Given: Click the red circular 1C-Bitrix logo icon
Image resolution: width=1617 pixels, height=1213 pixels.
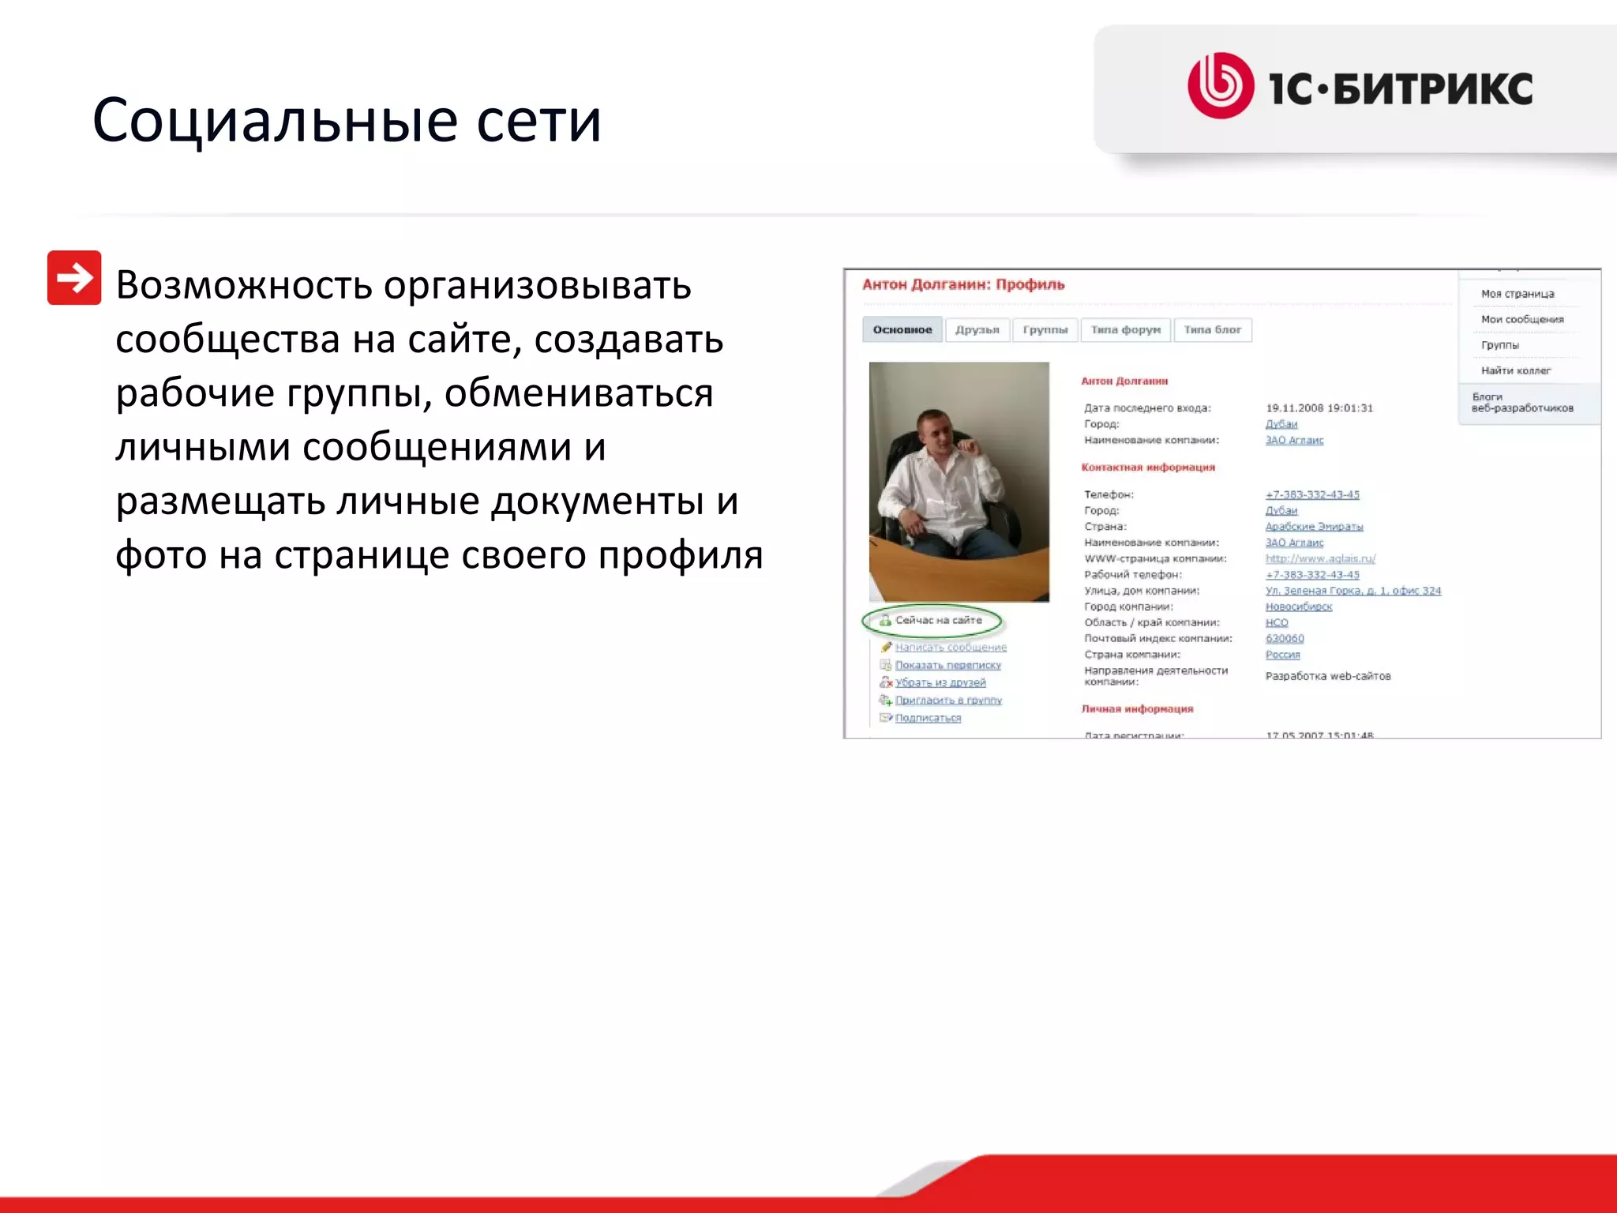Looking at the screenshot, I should (x=1221, y=86).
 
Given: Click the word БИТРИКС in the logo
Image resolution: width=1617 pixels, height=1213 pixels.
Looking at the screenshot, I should (x=1433, y=88).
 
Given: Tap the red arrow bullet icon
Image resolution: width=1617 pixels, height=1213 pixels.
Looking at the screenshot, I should (x=74, y=278).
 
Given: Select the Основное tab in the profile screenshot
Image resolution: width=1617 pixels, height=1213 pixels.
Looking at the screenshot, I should (x=902, y=330).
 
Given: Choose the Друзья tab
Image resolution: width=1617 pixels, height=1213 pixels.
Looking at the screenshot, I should (x=977, y=330).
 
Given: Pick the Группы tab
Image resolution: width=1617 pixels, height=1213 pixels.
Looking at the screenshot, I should (x=1045, y=330).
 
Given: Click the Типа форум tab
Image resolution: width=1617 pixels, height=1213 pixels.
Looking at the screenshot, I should (x=1125, y=330).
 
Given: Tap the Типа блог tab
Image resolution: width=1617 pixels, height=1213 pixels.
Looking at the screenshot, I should (x=1212, y=330).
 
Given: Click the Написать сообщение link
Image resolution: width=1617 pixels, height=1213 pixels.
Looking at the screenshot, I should (x=951, y=648).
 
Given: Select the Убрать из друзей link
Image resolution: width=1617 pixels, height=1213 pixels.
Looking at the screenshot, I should (x=940, y=683).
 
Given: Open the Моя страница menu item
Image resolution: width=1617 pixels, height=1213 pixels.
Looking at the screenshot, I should (x=1517, y=294).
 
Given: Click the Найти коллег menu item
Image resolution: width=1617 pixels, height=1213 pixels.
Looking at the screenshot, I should (x=1515, y=370).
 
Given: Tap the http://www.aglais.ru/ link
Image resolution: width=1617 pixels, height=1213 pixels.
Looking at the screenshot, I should (x=1320, y=559).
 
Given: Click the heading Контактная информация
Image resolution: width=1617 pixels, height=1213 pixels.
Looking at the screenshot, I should (x=1147, y=468).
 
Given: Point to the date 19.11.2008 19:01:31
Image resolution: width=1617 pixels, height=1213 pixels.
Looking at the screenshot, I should (x=1319, y=408).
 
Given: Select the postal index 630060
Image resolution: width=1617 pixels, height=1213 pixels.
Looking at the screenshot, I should (x=1285, y=639).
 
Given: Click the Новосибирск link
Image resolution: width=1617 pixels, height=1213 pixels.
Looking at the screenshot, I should (x=1298, y=607).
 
